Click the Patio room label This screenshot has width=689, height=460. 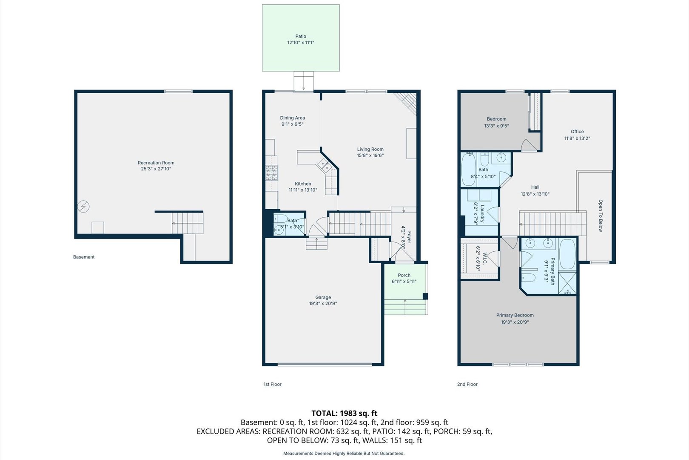tap(301, 36)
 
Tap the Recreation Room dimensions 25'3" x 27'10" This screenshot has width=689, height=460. tap(156, 169)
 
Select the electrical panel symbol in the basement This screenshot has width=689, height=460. tap(83, 207)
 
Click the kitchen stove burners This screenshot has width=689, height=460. tap(272, 172)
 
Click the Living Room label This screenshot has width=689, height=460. tap(370, 149)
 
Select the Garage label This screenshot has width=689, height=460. tap(323, 297)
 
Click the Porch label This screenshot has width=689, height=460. tap(404, 275)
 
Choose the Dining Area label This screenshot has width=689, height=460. tap(292, 118)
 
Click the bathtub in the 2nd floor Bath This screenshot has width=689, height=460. tap(468, 170)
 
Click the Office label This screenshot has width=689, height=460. tap(577, 132)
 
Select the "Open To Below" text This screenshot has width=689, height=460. tap(601, 216)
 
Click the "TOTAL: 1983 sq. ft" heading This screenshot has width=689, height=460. tap(344, 413)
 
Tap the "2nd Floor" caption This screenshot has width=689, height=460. tap(467, 384)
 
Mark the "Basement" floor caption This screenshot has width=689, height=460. tap(84, 257)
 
